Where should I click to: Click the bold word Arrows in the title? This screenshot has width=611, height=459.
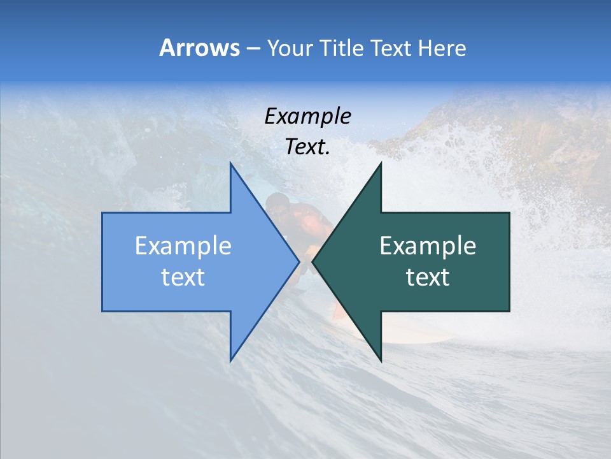pyautogui.click(x=199, y=48)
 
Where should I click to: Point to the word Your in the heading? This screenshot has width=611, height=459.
pyautogui.click(x=288, y=48)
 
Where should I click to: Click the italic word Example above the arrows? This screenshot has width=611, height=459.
pyautogui.click(x=307, y=116)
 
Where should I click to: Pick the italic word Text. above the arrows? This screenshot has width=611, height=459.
pyautogui.click(x=307, y=147)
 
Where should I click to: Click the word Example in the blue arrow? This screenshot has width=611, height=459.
pyautogui.click(x=183, y=245)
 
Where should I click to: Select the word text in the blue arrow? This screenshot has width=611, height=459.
pyautogui.click(x=183, y=277)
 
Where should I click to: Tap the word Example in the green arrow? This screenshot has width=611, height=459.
pyautogui.click(x=428, y=245)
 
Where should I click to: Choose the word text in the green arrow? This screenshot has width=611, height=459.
pyautogui.click(x=428, y=277)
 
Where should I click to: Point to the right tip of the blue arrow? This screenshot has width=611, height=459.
pyautogui.click(x=299, y=261)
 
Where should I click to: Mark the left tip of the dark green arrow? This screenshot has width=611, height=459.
pyautogui.click(x=313, y=261)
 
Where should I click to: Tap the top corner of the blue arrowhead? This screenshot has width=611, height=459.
pyautogui.click(x=230, y=163)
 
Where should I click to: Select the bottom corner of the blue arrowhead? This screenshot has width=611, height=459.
pyautogui.click(x=230, y=361)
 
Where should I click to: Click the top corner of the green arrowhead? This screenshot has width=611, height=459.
pyautogui.click(x=381, y=163)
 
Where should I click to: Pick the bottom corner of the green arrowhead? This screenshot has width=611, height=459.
pyautogui.click(x=381, y=361)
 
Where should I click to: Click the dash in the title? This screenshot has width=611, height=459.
pyautogui.click(x=252, y=48)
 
